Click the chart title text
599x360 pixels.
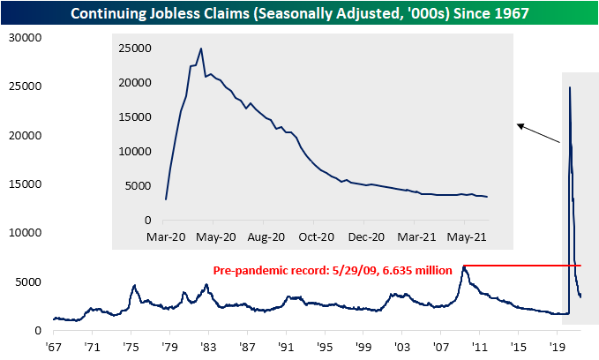coord(299,12)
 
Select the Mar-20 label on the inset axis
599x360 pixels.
coord(166,236)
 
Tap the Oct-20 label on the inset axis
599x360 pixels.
coord(316,236)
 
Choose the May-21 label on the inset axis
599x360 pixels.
coord(468,236)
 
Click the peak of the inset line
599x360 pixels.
coord(201,49)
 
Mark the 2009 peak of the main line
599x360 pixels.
coord(463,266)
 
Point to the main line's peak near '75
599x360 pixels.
coord(134,285)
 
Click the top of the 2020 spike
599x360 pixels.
coord(569,86)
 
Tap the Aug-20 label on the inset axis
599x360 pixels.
coord(266,236)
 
